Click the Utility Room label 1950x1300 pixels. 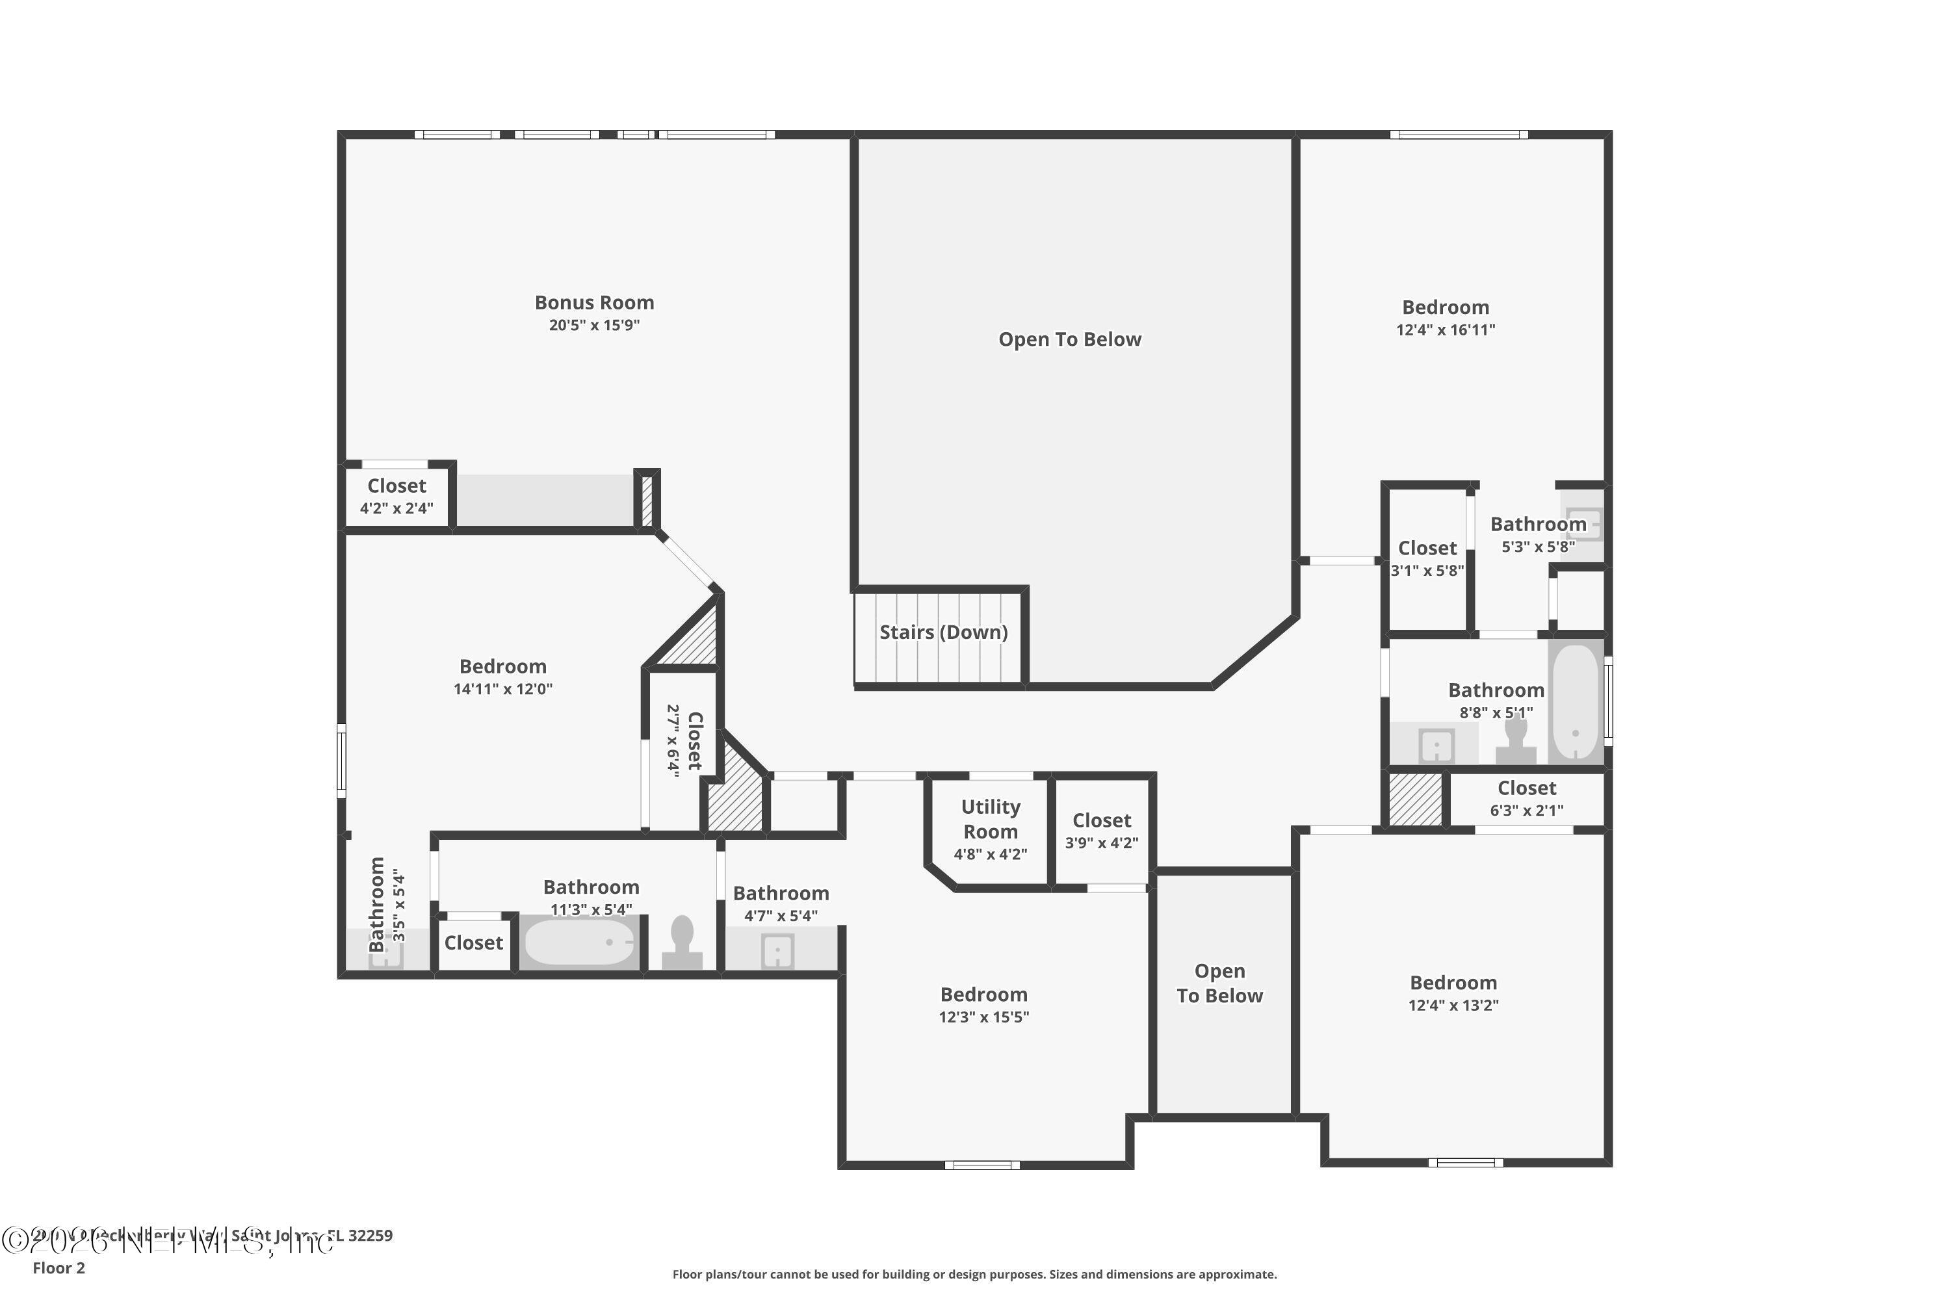990,819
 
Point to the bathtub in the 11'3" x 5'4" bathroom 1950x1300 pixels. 578,942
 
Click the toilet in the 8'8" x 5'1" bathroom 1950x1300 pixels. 1514,740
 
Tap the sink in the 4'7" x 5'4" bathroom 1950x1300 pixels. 777,951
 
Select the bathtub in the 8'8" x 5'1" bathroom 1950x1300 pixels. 1574,702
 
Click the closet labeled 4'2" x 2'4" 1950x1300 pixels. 396,496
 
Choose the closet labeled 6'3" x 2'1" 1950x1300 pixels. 1526,798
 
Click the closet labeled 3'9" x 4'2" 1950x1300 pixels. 1101,831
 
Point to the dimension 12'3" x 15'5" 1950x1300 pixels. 983,1017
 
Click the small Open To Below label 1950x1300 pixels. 1219,983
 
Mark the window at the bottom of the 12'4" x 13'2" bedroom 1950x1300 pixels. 1465,1162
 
